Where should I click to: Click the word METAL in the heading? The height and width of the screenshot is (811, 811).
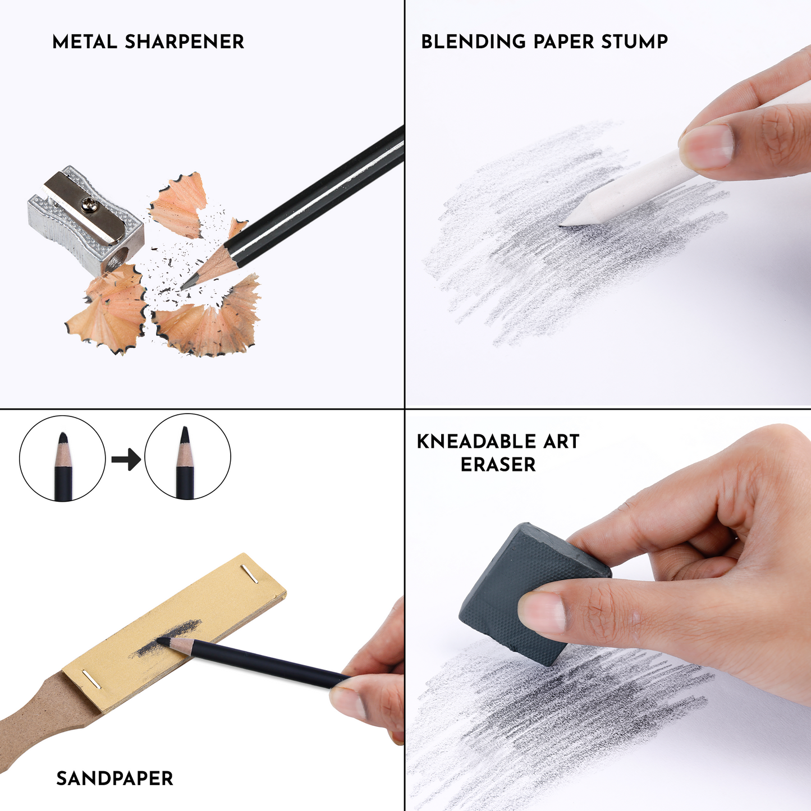coord(85,42)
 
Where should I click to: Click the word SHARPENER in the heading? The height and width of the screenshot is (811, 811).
coord(184,42)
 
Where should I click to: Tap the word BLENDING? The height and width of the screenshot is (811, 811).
coord(474,42)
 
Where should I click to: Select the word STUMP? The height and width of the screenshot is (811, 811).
coord(634,42)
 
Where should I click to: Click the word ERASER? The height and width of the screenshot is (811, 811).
coord(498,465)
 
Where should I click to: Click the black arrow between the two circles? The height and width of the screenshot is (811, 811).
coord(126,459)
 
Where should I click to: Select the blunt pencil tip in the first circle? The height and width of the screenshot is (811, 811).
coord(63,438)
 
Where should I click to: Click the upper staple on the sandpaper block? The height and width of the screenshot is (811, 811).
coord(249,574)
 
